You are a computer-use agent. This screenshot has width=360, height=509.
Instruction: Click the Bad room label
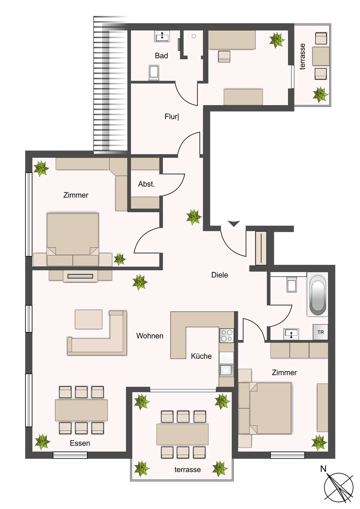click(x=161, y=55)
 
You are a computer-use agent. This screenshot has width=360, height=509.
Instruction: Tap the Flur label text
click(x=172, y=116)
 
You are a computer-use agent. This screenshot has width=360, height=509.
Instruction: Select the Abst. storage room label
click(x=146, y=184)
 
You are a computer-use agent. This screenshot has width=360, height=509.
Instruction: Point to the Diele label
click(x=220, y=275)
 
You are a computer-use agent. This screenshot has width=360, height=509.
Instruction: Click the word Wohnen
click(x=150, y=335)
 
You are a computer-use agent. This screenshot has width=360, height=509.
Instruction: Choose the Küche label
click(x=201, y=356)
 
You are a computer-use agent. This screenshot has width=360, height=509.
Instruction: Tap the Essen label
click(x=80, y=443)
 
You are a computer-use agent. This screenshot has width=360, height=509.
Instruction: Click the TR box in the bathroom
click(x=320, y=332)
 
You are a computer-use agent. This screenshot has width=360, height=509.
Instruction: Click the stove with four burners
click(x=226, y=335)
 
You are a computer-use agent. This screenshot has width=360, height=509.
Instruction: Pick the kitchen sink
click(x=226, y=370)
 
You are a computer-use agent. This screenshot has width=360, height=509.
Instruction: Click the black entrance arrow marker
click(x=234, y=223)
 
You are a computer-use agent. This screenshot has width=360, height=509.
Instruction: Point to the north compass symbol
click(x=338, y=487)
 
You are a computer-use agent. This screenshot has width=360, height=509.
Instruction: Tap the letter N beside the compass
click(x=323, y=469)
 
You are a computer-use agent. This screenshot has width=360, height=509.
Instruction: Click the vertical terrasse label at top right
click(x=302, y=57)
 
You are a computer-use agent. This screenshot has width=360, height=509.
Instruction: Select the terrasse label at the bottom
click(x=187, y=469)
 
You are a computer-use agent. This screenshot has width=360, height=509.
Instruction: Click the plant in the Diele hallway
click(x=194, y=217)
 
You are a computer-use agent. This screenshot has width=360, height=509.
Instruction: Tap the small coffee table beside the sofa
click(x=88, y=319)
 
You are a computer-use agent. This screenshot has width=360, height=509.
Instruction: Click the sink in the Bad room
click(x=162, y=36)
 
